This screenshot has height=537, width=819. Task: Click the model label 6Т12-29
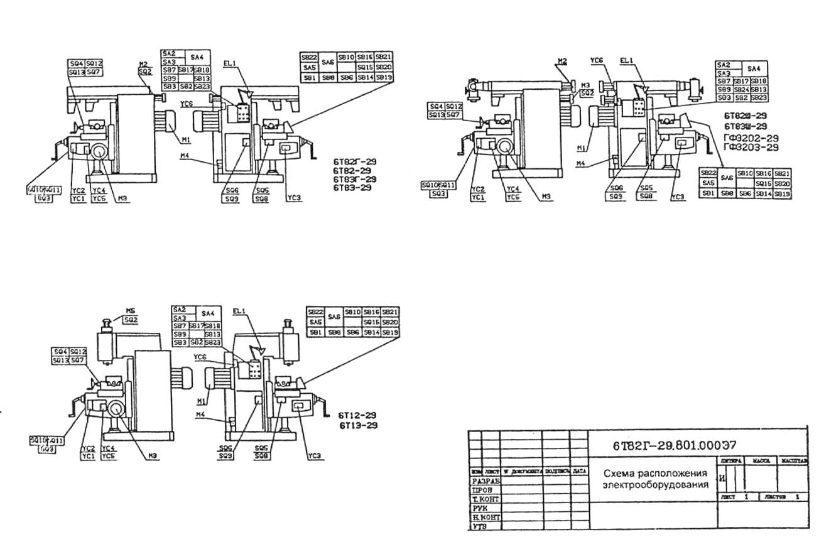click(x=358, y=416)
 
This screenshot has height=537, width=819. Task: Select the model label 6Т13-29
click(x=358, y=425)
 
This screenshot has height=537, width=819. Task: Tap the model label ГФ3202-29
click(x=751, y=138)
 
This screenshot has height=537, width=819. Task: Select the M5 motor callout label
click(x=130, y=310)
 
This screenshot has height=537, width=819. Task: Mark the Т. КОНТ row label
click(x=485, y=499)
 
